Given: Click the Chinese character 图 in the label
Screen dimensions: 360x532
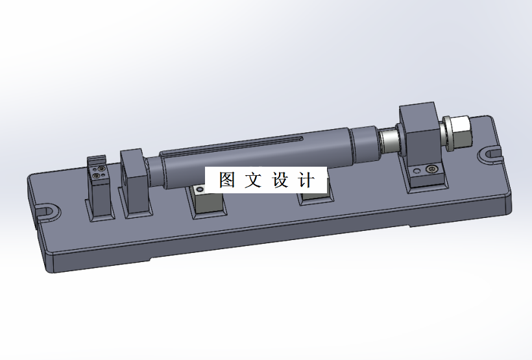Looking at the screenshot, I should point(226,180).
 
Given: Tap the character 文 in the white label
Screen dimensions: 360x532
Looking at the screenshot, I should point(253,180).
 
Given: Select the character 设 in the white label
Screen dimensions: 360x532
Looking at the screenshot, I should point(279,180).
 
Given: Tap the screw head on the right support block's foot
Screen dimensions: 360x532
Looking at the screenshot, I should point(433,170).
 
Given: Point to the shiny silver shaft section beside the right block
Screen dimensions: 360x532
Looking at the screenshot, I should point(389,139).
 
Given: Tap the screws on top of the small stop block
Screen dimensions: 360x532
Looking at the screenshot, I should point(99,171).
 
